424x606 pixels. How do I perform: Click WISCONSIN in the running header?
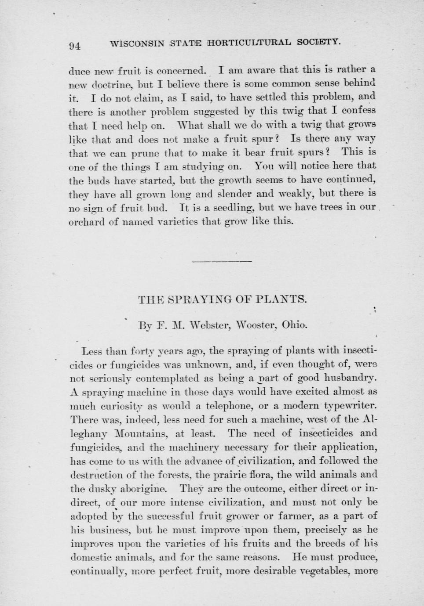(137, 43)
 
